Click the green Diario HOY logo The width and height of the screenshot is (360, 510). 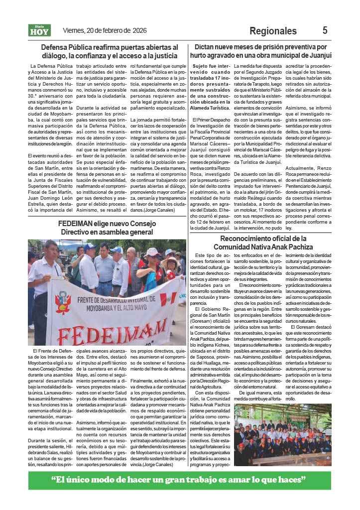pyautogui.click(x=40, y=31)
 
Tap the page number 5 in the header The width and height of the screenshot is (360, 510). pyautogui.click(x=325, y=30)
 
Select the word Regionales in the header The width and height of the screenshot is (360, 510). pyautogui.click(x=273, y=31)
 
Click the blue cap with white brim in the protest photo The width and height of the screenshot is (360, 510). pyautogui.click(x=90, y=247)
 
